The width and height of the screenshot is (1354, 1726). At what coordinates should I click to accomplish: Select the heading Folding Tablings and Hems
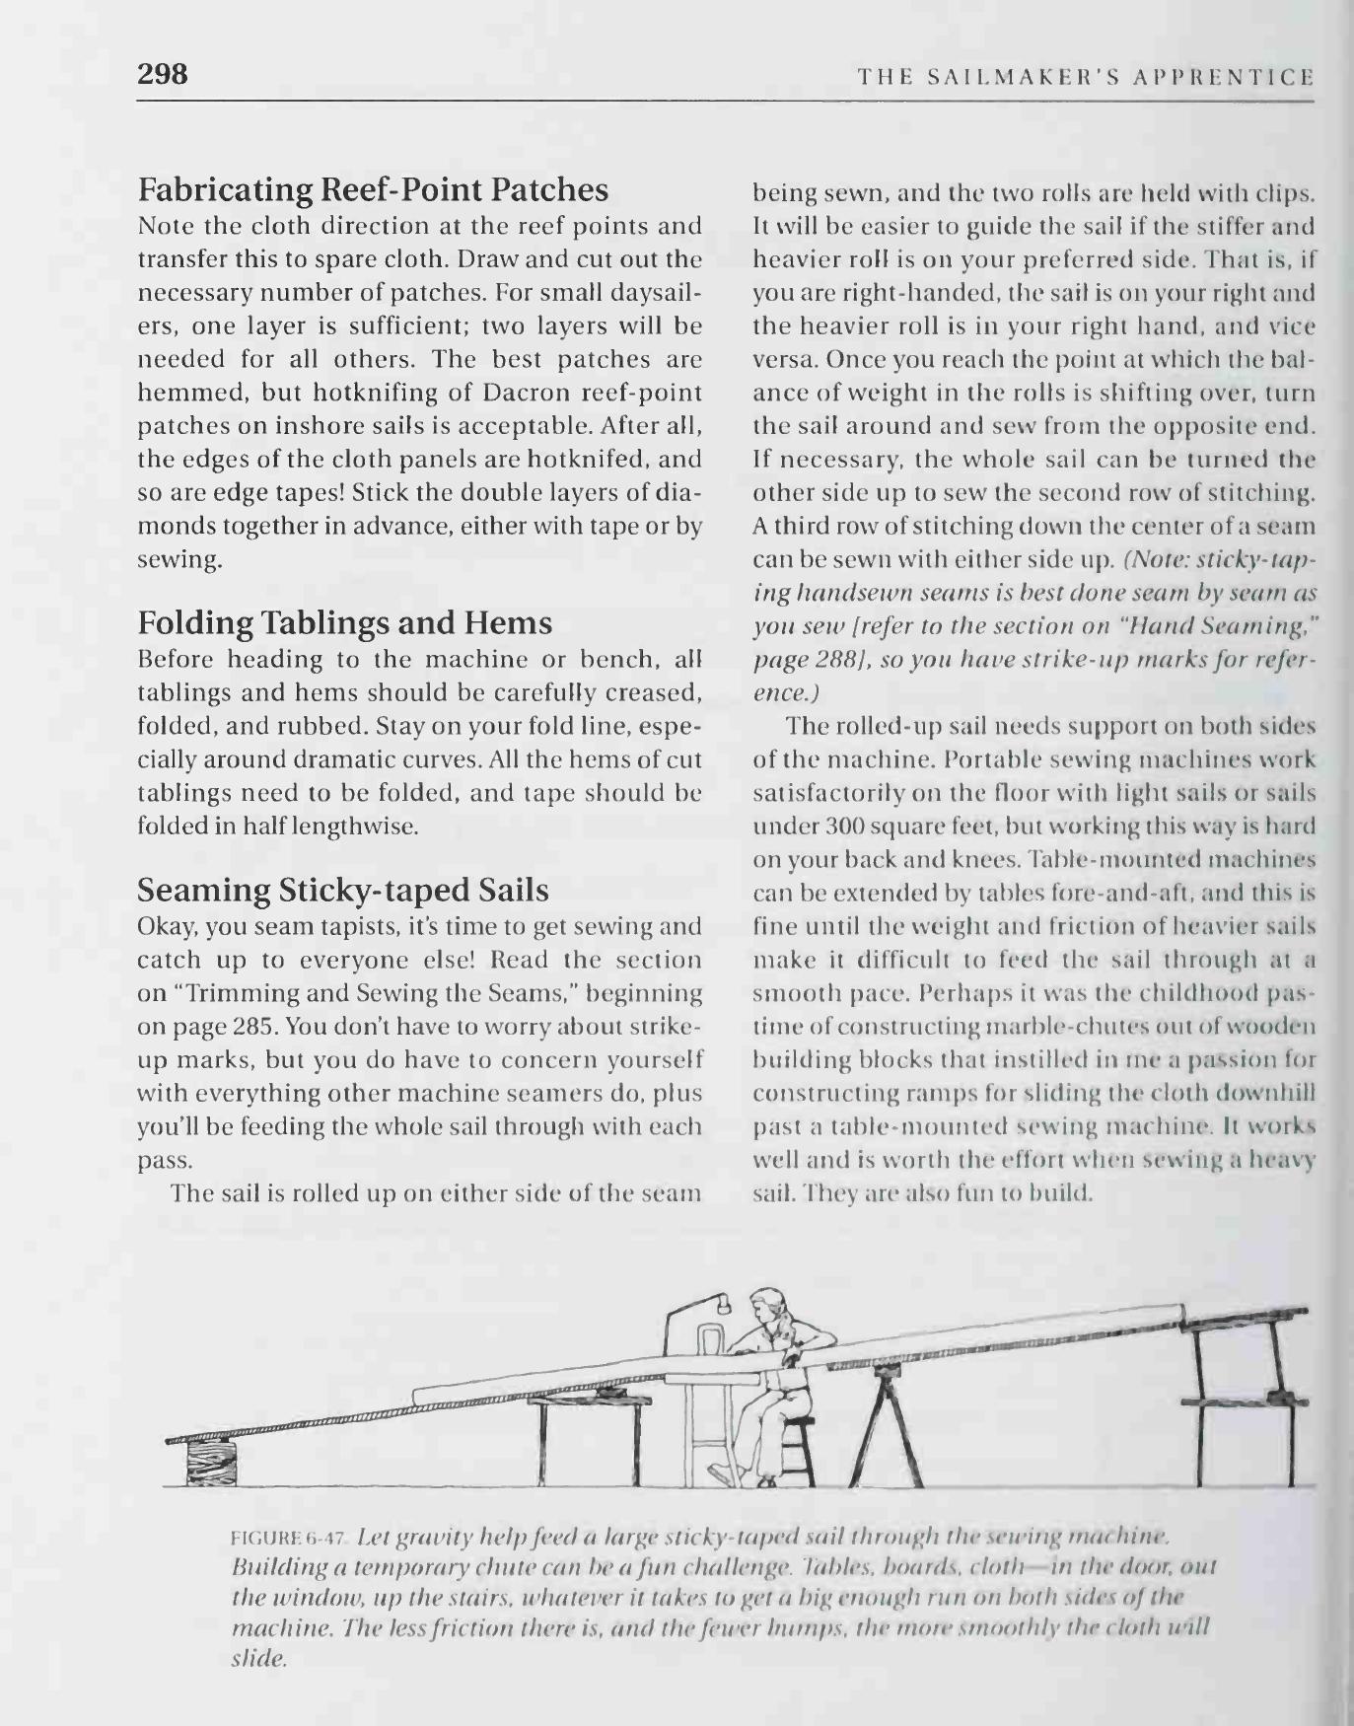pyautogui.click(x=344, y=622)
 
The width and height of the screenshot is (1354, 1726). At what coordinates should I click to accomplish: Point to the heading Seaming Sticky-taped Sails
pyautogui.click(x=342, y=891)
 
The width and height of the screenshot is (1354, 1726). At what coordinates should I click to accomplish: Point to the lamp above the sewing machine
pyautogui.click(x=724, y=1304)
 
